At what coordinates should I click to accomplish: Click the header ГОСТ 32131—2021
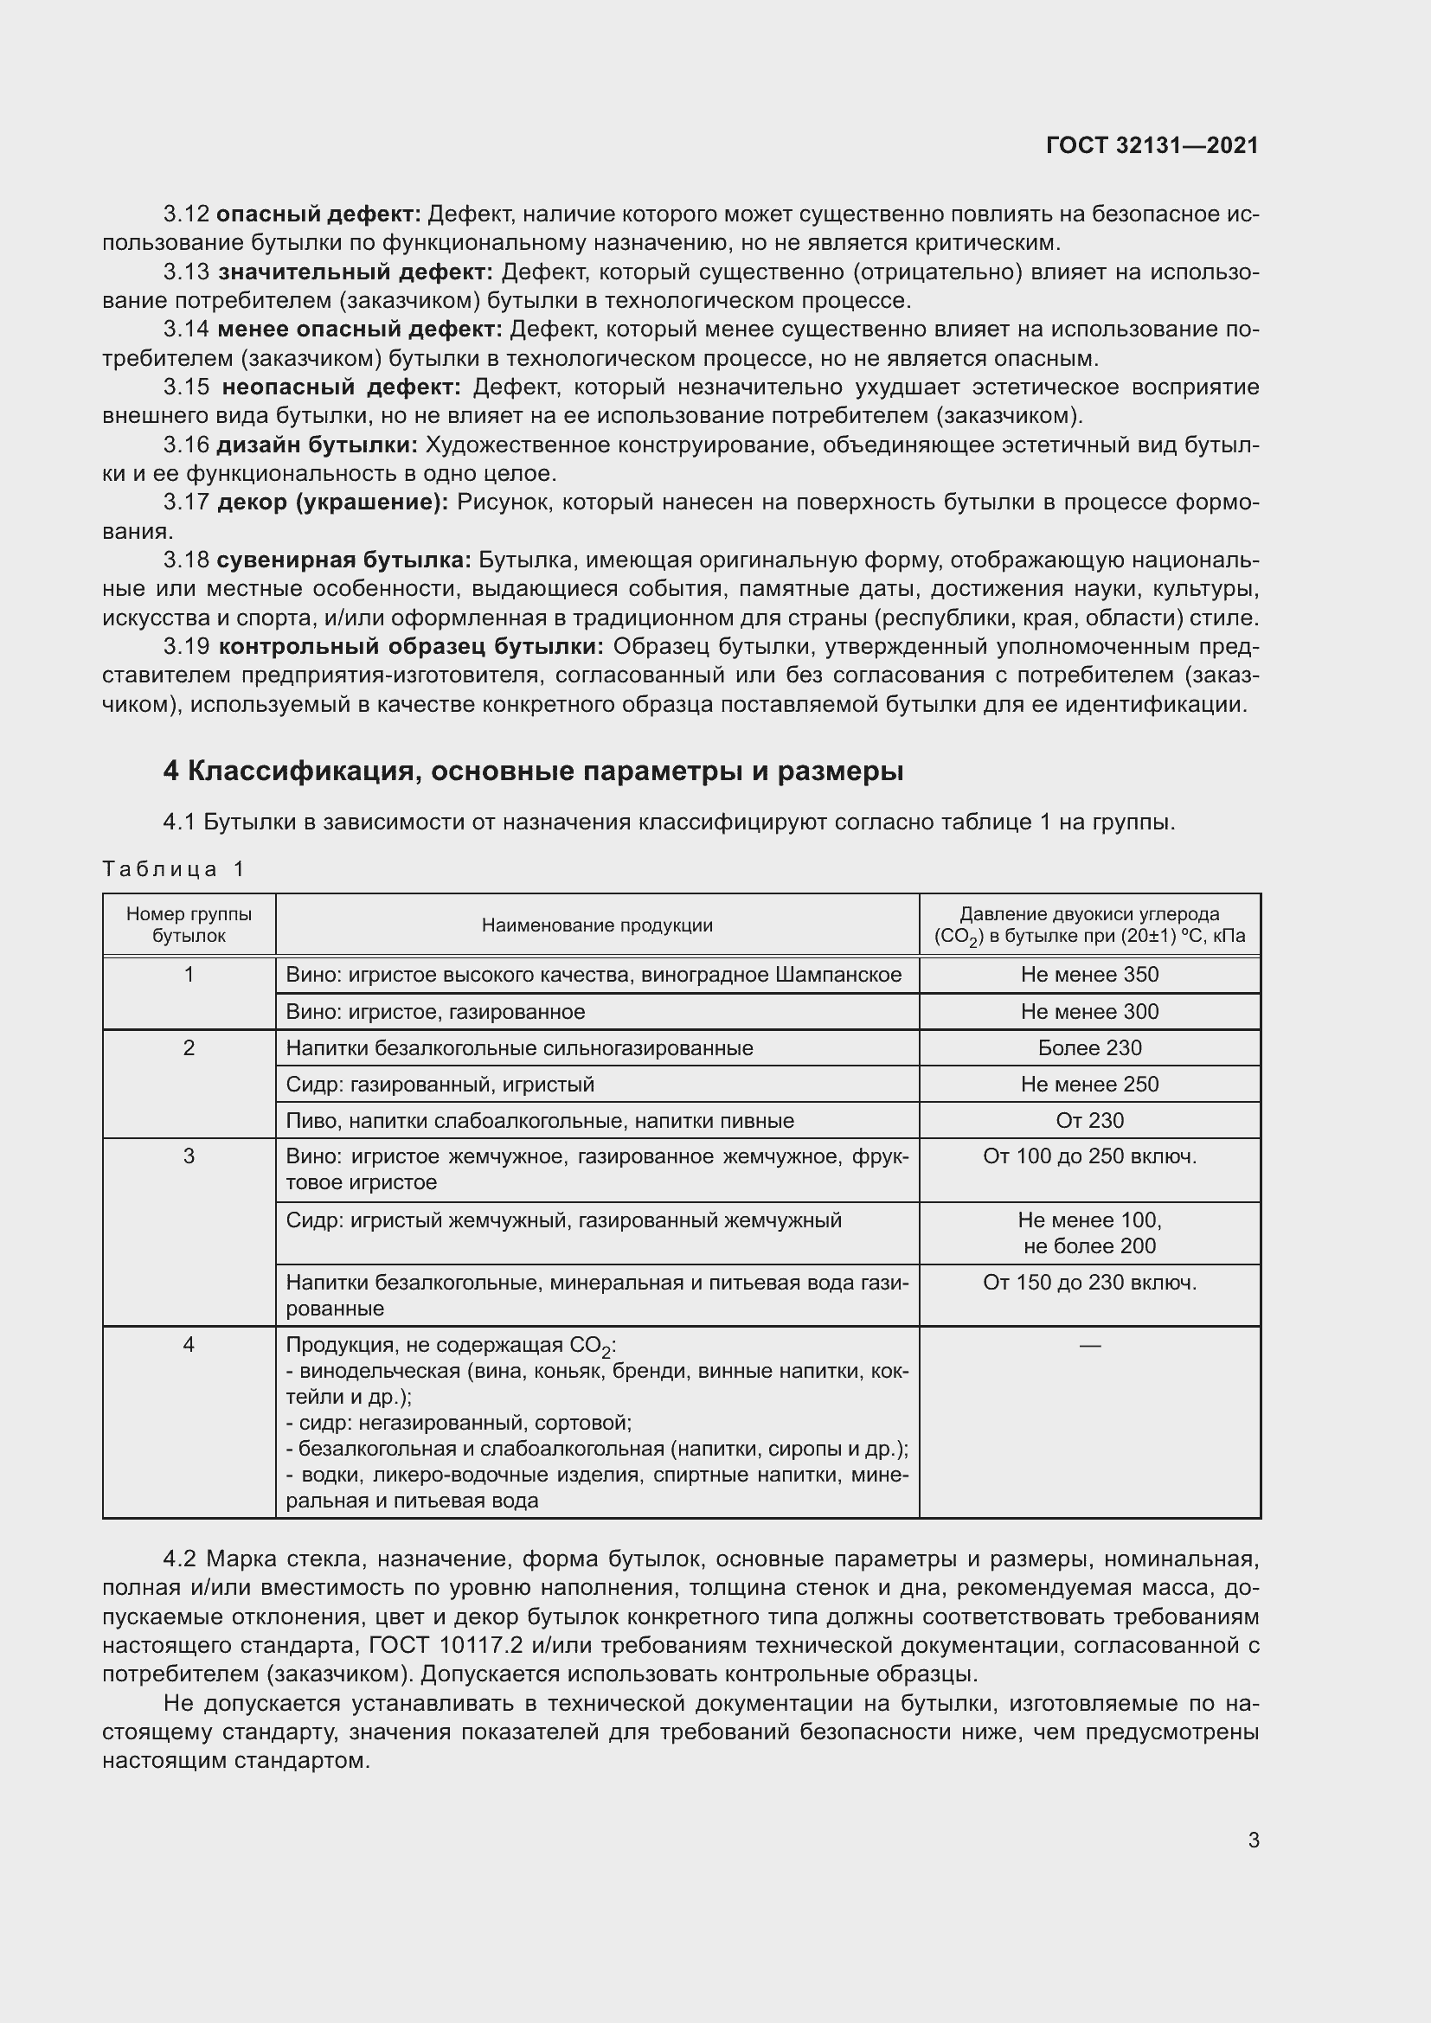click(1152, 145)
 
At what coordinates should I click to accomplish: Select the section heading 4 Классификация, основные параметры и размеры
click(533, 771)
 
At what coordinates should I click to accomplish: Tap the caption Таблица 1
click(173, 869)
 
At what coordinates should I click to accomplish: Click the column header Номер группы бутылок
click(189, 925)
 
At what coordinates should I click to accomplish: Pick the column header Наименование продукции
click(597, 925)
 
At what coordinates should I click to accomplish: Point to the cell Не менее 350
click(1089, 975)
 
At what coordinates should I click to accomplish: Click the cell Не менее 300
click(1089, 1012)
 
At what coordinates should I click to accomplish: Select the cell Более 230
click(1089, 1047)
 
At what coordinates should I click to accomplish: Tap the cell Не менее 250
click(1089, 1084)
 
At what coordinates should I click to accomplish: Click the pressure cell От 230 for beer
click(1089, 1121)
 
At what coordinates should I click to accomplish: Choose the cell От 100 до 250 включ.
click(1089, 1157)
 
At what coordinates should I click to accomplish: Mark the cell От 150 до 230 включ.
click(1089, 1282)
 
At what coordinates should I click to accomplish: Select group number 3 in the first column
click(189, 1157)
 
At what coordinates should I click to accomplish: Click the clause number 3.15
click(186, 387)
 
